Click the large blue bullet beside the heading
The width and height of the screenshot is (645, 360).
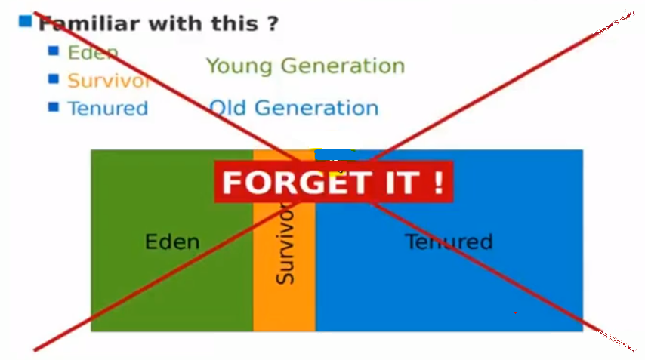coord(25,21)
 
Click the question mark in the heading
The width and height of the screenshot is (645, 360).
coord(273,24)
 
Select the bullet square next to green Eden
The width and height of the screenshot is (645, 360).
coord(54,51)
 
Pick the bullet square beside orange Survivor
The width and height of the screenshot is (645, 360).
coord(54,78)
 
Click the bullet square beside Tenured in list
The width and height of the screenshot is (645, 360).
coord(54,107)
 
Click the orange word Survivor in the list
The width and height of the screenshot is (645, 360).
coord(109,81)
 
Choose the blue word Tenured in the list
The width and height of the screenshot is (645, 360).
coord(108,109)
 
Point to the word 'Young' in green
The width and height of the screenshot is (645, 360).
coord(239,66)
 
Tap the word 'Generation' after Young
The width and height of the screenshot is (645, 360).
coord(343,66)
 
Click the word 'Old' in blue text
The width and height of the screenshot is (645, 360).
coord(227,108)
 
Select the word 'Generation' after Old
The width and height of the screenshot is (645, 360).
coord(316,108)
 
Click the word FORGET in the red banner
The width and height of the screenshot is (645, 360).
coord(295,182)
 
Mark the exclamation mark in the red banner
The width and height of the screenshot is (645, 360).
coord(439,182)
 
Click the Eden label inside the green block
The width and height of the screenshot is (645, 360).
coord(172,242)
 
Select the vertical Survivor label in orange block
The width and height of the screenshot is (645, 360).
coord(285,242)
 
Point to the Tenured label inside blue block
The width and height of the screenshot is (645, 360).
coord(449,242)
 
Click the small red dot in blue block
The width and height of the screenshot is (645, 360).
coord(515,312)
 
